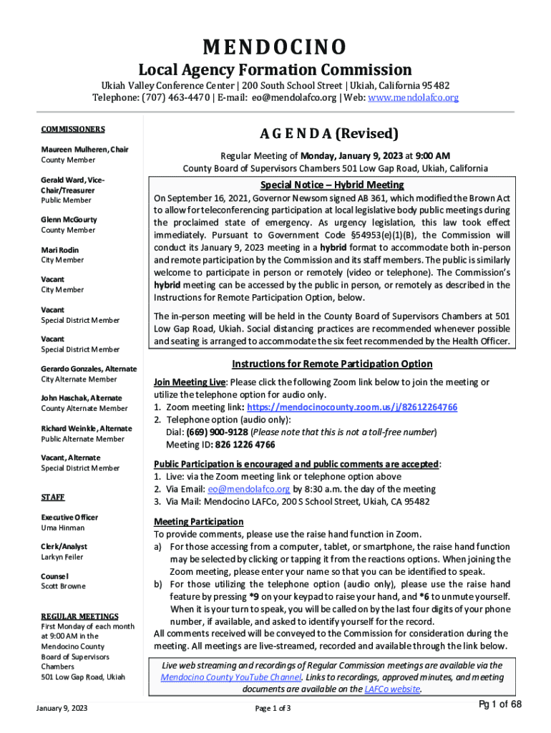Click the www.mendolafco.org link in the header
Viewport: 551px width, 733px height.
(x=413, y=97)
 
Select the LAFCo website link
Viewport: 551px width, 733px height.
(x=391, y=689)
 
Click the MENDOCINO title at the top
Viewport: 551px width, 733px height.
(x=275, y=47)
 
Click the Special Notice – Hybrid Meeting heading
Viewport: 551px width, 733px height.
(x=332, y=183)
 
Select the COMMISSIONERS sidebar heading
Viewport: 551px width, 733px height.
(x=72, y=130)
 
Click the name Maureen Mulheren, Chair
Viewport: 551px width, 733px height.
(x=84, y=150)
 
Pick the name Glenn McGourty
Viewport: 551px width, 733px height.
(x=69, y=220)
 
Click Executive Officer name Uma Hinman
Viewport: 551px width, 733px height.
(x=62, y=528)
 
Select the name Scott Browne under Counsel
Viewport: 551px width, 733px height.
(x=63, y=586)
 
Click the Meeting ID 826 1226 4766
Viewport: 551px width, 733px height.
(x=245, y=444)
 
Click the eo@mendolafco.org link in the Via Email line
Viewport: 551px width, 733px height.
(x=249, y=489)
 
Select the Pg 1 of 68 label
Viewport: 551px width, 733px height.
(x=501, y=704)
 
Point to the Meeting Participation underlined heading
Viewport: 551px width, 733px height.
(x=199, y=521)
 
